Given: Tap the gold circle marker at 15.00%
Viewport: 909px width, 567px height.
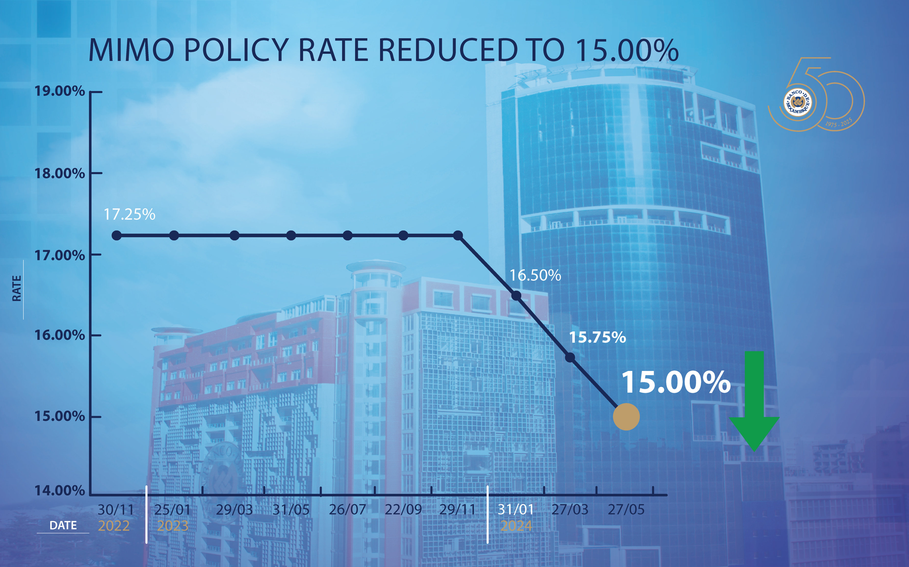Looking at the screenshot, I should (626, 417).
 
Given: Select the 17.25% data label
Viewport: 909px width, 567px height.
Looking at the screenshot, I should (129, 214).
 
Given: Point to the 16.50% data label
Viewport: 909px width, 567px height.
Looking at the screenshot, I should (535, 276).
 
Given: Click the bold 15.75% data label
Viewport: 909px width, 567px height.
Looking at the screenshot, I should (598, 338).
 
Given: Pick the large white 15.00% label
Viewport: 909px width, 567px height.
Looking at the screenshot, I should (676, 382).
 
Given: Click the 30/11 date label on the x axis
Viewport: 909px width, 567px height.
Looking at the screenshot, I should (115, 510).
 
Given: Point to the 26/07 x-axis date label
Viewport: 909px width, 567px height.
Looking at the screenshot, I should (347, 510).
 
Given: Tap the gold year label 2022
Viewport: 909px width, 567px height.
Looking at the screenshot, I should (114, 526).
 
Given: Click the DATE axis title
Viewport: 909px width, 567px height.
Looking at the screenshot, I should (63, 525).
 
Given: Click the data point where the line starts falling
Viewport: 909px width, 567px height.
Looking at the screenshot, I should (458, 236).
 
